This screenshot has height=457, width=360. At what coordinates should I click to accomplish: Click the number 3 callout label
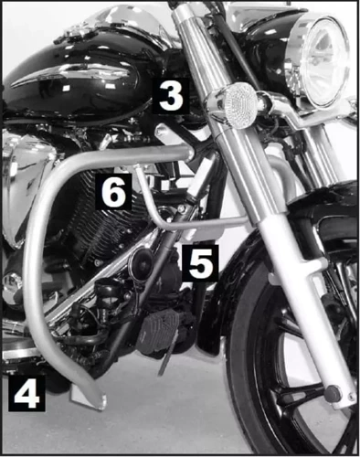pyautogui.click(x=173, y=95)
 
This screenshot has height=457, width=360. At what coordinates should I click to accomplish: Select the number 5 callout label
pyautogui.click(x=200, y=262)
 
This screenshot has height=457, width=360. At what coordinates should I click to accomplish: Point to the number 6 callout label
pyautogui.click(x=113, y=193)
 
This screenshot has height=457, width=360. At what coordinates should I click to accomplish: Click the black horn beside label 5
pyautogui.click(x=142, y=265)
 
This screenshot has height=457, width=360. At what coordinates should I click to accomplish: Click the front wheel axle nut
pyautogui.click(x=334, y=393)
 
